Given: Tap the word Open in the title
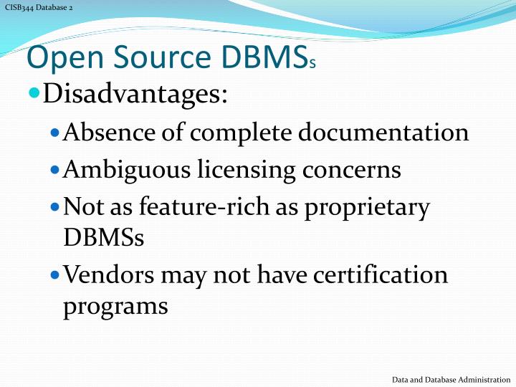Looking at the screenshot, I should tap(58, 58).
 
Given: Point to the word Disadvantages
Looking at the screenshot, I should tap(135, 94).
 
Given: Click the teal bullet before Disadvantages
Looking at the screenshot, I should tap(35, 94).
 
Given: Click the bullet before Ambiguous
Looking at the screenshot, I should tap(57, 171).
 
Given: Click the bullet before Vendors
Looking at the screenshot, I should tap(57, 275).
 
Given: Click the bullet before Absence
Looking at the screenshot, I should tap(57, 133).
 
